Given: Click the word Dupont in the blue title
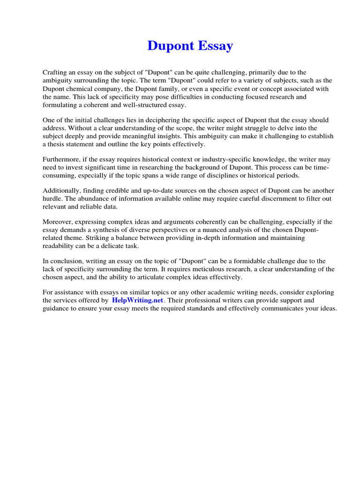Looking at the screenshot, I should point(170,46).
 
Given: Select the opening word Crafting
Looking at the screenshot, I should point(56,72).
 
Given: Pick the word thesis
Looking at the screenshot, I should point(56,144).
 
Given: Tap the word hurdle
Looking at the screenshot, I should point(52,199).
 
